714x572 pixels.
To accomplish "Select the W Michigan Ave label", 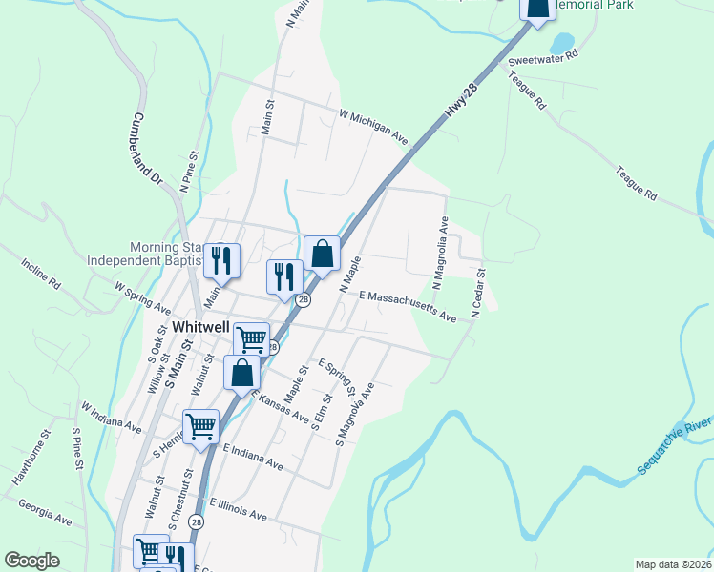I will coord(374,127).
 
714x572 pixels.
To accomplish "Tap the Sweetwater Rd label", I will coord(544,56).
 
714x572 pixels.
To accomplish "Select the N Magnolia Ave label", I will coord(440,254).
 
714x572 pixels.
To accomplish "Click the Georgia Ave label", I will coord(45,513).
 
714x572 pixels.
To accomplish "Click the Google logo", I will coord(31,561).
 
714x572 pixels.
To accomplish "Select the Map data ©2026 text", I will coord(673,563).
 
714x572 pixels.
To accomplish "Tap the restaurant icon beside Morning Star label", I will coord(221,257).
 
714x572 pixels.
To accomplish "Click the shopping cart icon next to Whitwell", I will coord(252,337).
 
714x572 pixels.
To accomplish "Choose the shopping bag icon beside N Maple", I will coord(322,254).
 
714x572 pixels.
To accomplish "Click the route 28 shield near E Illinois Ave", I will coord(196,521).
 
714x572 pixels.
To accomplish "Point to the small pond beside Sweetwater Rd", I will coord(561,43).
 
